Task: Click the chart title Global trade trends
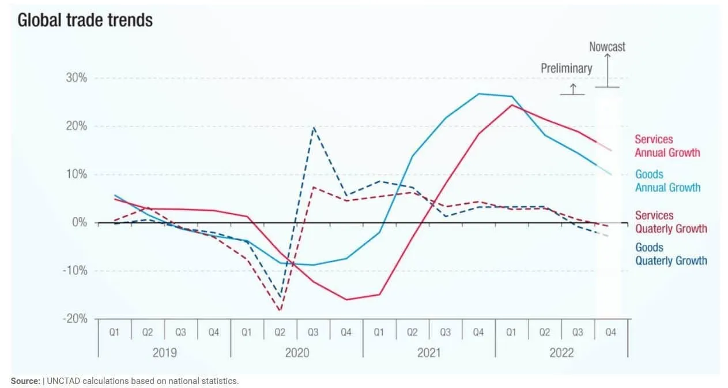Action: [85, 20]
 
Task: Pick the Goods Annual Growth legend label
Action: [667, 181]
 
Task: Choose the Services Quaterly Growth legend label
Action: [670, 222]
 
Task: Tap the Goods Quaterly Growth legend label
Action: [670, 254]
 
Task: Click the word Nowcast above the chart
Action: [607, 47]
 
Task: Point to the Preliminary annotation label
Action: [566, 68]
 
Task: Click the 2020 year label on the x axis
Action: [297, 353]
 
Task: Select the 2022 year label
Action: [561, 353]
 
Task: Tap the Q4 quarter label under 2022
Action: [610, 333]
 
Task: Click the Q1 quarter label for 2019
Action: [114, 333]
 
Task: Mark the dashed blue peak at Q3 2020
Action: [313, 127]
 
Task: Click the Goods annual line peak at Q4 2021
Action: [478, 94]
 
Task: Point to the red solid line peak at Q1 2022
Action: [512, 105]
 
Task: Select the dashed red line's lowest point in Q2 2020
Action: [280, 311]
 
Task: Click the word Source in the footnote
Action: [25, 381]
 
